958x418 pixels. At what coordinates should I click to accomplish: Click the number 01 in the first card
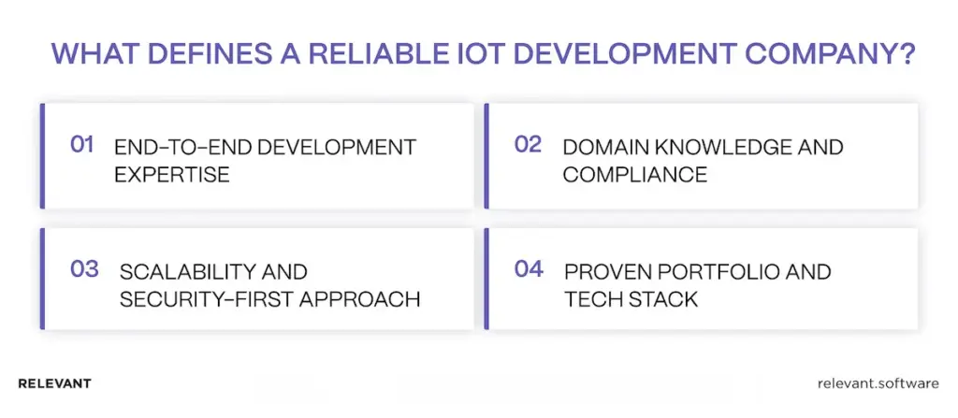tap(83, 145)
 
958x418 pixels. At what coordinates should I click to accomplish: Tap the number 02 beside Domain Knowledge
tap(529, 145)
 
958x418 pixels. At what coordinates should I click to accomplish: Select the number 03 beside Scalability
tap(84, 269)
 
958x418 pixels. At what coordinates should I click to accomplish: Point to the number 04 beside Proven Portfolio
tap(529, 269)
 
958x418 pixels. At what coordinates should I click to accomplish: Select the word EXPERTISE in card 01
tap(171, 175)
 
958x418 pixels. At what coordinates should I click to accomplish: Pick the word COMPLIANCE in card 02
tap(621, 175)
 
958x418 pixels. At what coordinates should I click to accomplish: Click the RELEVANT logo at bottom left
tap(54, 384)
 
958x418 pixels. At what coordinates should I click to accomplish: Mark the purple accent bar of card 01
tap(43, 156)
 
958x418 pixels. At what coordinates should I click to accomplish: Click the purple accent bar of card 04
tap(487, 280)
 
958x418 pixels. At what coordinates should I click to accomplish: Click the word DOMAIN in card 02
tap(602, 148)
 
